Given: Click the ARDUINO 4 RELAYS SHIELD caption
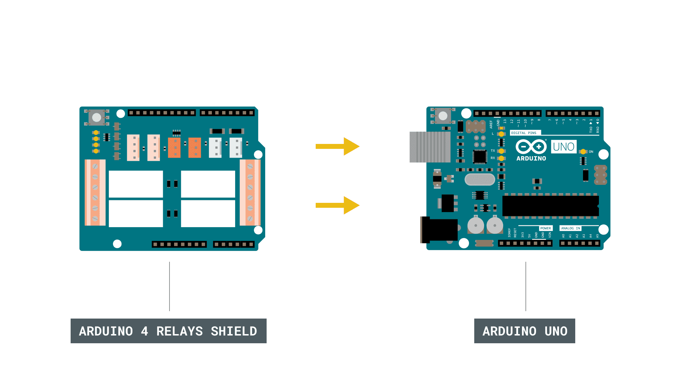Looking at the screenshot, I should click(168, 331).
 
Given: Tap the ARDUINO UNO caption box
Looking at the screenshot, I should click(524, 331).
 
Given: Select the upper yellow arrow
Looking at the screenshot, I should click(338, 146).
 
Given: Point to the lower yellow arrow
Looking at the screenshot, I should click(338, 205).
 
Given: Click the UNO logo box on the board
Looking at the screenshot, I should click(564, 147).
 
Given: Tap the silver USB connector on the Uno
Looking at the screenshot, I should click(430, 147).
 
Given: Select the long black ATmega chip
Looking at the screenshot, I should click(550, 206).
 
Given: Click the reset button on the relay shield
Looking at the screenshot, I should click(96, 117).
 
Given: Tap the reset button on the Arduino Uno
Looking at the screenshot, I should click(443, 116).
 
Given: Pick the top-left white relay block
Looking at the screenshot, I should click(136, 184).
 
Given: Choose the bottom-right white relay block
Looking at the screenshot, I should click(208, 214).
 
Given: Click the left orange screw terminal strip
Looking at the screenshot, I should click(95, 192).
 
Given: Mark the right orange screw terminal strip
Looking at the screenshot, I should click(250, 192).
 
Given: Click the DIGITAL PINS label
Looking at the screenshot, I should click(524, 133).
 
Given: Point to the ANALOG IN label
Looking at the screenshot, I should click(570, 228).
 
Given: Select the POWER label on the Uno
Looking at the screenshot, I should click(546, 228).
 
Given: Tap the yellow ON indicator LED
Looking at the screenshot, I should click(583, 152).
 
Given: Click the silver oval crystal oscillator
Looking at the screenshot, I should click(480, 179).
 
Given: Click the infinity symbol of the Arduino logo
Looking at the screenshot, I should click(531, 146).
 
